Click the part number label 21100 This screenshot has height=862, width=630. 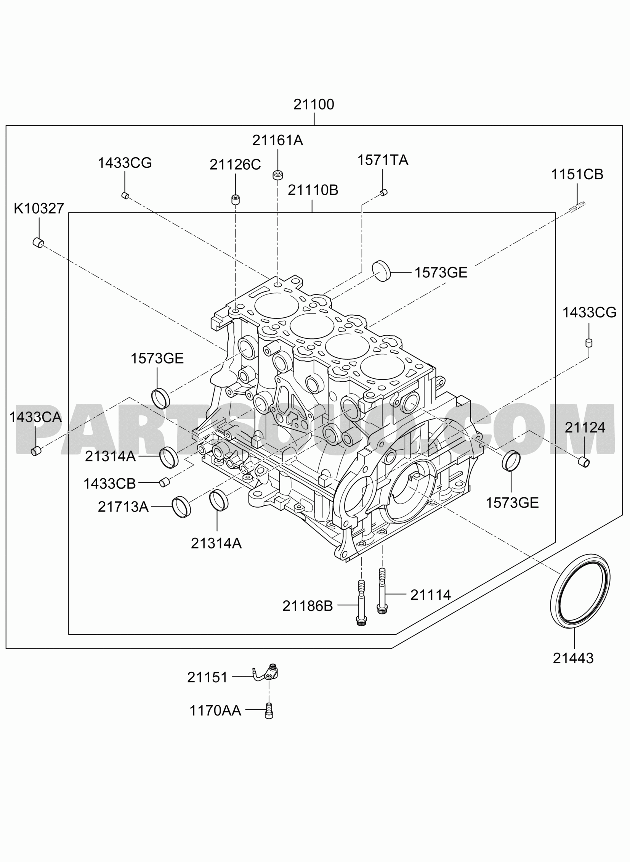(x=313, y=104)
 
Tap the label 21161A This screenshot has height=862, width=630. (x=277, y=140)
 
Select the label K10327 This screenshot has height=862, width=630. (x=39, y=208)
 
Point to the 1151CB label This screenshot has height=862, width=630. (x=577, y=174)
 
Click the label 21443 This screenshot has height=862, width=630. (x=573, y=658)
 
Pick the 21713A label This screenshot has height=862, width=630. (x=123, y=507)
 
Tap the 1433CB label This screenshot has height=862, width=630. (x=109, y=484)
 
